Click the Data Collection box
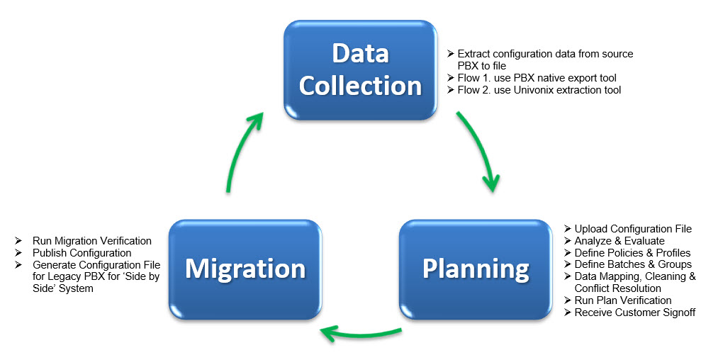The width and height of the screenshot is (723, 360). [360, 69]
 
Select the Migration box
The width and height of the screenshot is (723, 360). [245, 268]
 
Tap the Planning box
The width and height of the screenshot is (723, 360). [476, 268]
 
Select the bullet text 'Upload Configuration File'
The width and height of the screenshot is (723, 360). [633, 229]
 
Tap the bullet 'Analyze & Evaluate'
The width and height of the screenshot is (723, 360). [620, 241]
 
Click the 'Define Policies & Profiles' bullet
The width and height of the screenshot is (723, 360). [632, 253]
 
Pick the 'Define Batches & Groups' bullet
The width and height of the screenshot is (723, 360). [633, 264]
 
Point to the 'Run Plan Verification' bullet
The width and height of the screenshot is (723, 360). [623, 300]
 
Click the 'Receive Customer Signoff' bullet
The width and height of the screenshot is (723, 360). [635, 313]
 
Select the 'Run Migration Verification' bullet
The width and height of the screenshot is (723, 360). [92, 241]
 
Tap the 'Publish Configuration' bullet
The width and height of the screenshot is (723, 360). [82, 253]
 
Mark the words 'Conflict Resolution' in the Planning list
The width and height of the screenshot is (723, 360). [618, 288]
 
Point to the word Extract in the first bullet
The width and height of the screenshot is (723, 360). [473, 54]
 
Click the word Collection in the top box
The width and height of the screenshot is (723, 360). [360, 85]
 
